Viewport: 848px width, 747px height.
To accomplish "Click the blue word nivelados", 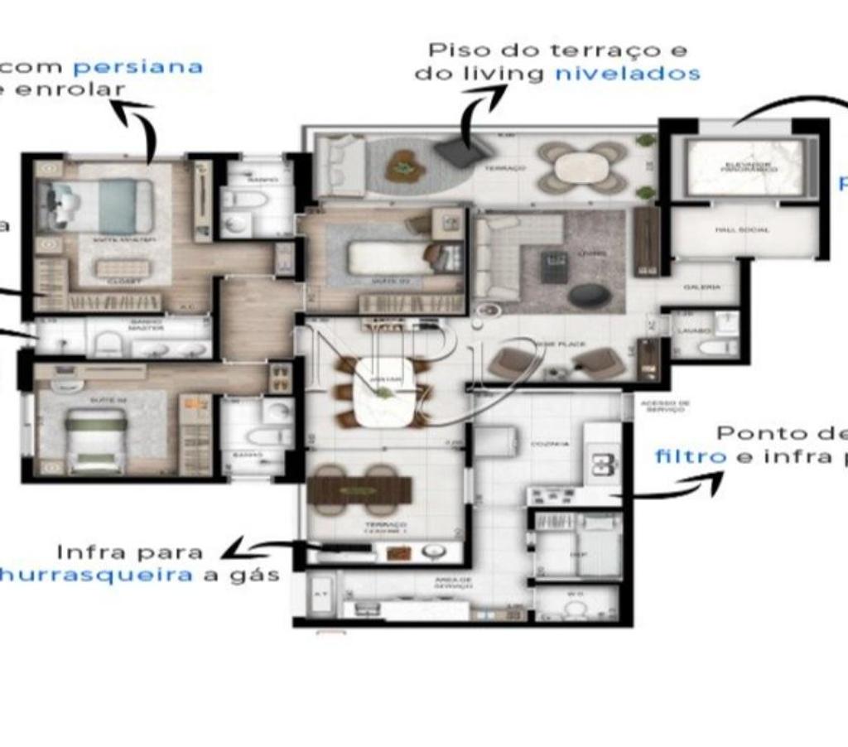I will point(628,73).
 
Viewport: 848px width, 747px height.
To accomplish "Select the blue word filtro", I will point(691,456).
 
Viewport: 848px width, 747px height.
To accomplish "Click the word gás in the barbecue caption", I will point(257,574).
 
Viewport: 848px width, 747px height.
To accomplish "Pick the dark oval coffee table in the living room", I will point(589,295).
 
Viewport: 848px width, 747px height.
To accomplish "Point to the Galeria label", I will point(701,287).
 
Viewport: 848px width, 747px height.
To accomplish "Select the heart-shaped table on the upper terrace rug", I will point(405,166).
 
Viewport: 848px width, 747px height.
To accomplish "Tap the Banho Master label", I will point(146,327).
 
